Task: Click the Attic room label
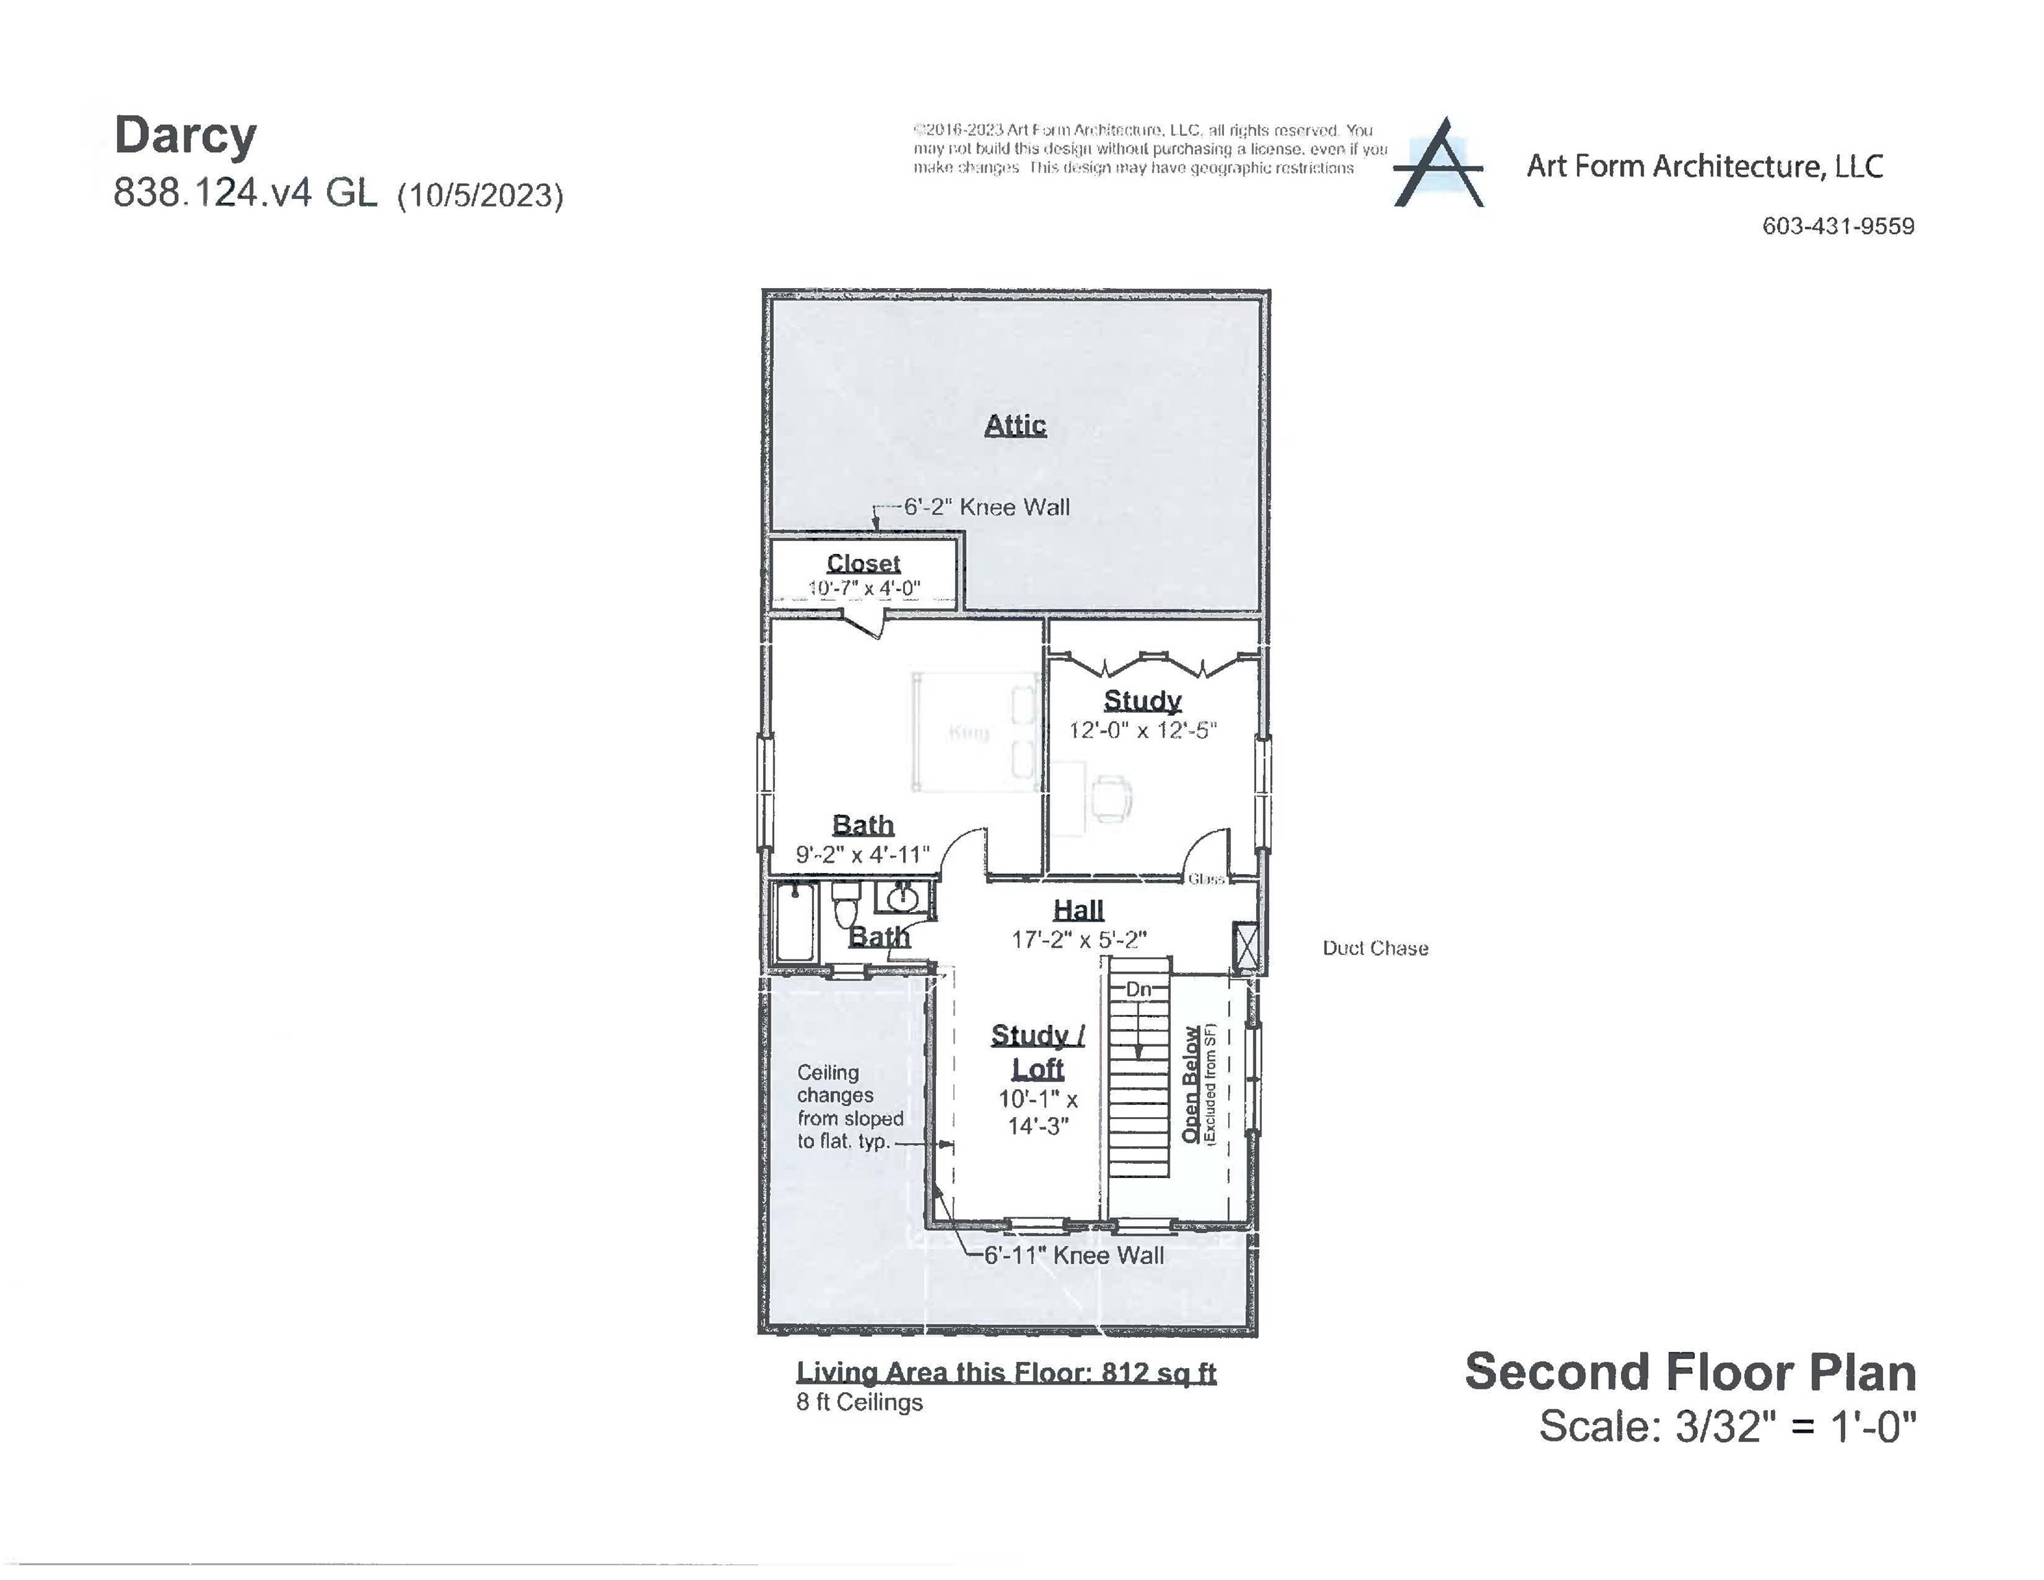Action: [x=1015, y=425]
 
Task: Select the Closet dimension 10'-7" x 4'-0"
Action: [x=864, y=588]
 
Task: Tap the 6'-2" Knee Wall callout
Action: [x=985, y=507]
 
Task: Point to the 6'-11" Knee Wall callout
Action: [x=1074, y=1255]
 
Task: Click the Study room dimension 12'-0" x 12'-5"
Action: [x=1143, y=730]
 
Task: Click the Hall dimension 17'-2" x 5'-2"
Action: [x=1078, y=939]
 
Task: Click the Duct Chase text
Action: [x=1375, y=948]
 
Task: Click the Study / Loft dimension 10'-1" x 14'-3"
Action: [x=1038, y=1112]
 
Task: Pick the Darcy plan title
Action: [x=185, y=136]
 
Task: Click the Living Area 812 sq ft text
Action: [x=1006, y=1372]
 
